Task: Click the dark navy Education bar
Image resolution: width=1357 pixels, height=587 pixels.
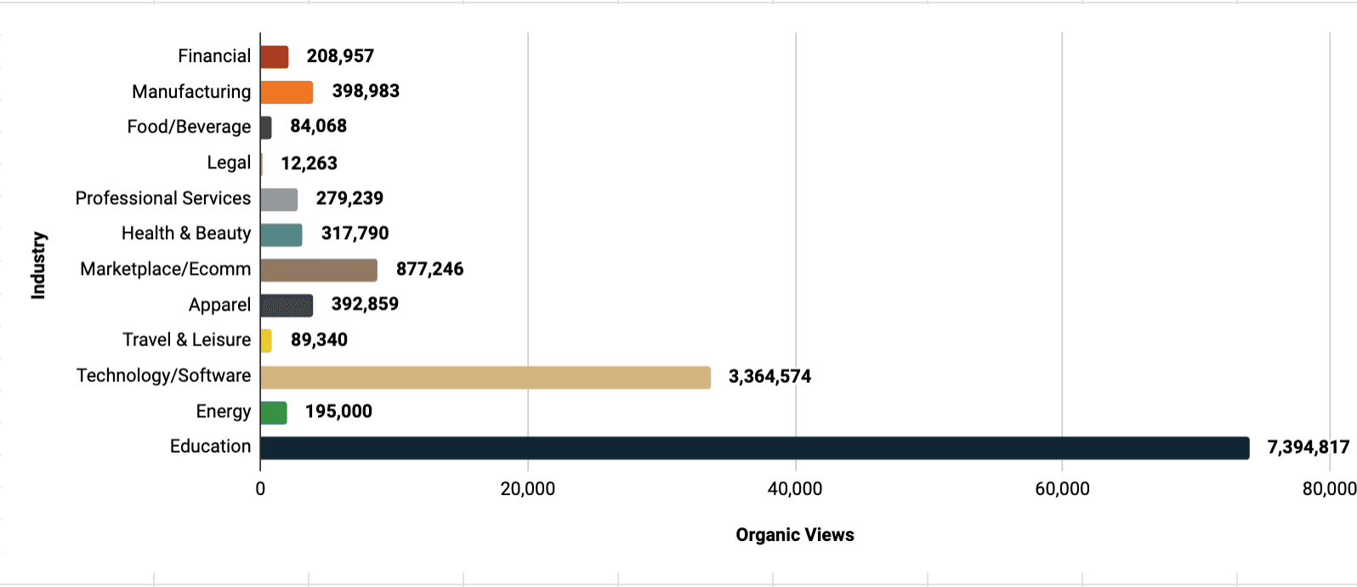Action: click(754, 447)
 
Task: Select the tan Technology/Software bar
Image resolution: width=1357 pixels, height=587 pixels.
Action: click(485, 377)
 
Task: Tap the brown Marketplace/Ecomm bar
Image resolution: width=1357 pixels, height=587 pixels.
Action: click(318, 270)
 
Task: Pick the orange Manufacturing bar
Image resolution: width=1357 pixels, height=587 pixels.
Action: click(286, 92)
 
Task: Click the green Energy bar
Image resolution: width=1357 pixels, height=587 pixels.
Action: click(273, 413)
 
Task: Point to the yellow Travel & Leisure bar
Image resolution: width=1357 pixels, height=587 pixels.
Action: click(266, 340)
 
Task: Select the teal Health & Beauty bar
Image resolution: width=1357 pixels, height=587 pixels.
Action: click(281, 235)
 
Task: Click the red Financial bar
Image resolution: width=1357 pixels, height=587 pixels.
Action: click(274, 57)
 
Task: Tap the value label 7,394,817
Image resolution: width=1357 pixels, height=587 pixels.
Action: click(1308, 447)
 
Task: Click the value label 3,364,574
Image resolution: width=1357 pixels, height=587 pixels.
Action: click(769, 377)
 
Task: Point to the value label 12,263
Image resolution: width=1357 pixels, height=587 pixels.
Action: click(309, 163)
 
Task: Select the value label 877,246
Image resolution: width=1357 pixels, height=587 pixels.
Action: click(429, 270)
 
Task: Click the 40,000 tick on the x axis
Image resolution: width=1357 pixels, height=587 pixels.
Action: click(794, 489)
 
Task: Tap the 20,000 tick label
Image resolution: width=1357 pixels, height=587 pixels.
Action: click(527, 489)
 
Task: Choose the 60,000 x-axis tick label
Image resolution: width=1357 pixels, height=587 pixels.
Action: click(1062, 489)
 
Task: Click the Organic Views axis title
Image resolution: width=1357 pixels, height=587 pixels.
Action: click(794, 535)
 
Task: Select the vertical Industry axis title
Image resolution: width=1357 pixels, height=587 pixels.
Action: click(38, 265)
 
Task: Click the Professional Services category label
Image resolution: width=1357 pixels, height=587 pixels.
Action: click(163, 198)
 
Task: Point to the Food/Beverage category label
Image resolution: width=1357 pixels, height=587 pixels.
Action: click(189, 127)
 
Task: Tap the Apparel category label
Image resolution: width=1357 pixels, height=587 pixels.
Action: click(219, 305)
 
